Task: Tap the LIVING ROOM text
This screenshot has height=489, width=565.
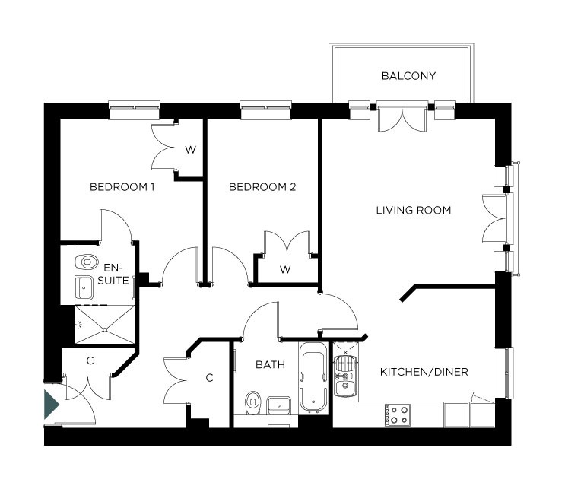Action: click(414, 210)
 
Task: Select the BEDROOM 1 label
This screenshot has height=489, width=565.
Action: click(122, 187)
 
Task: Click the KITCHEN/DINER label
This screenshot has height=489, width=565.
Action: click(424, 372)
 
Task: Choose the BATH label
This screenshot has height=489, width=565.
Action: click(270, 365)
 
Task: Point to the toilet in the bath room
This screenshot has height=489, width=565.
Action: click(253, 400)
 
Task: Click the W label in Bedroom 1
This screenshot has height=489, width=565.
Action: click(190, 150)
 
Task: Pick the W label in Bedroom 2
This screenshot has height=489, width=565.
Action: click(286, 269)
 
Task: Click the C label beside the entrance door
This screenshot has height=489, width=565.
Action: click(89, 360)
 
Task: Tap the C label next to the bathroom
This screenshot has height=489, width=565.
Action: click(210, 377)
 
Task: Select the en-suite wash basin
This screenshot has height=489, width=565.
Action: click(84, 287)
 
